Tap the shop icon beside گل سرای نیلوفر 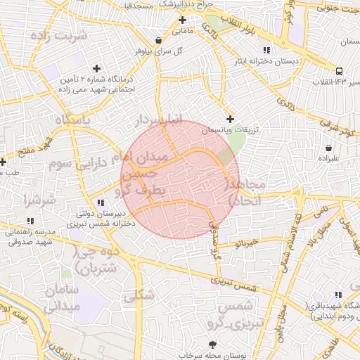point(158,40)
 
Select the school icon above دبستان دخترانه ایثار point(266,50)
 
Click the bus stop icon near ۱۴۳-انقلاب point(340,71)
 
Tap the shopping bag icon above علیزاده point(328,148)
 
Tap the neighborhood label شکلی point(139,296)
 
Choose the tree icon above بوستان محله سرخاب point(212,344)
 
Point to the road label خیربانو point(247,244)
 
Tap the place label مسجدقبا point(139,5)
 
